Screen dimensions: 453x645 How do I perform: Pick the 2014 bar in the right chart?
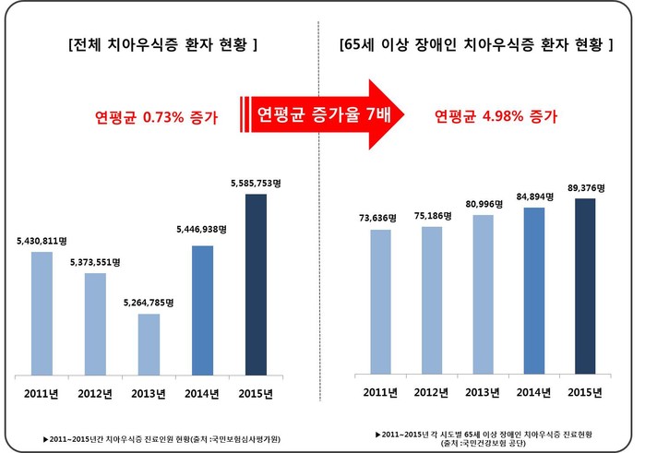(x=533, y=290)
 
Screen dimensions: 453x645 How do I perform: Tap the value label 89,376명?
(x=586, y=187)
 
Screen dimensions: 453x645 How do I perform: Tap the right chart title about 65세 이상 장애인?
(x=476, y=43)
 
